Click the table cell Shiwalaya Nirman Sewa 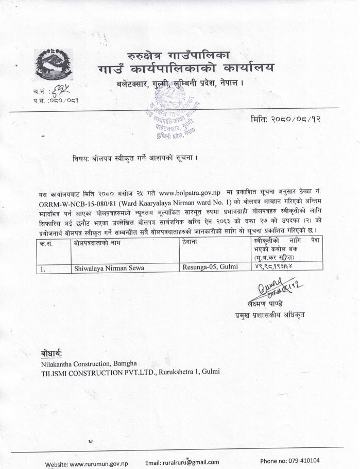coord(109,267)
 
